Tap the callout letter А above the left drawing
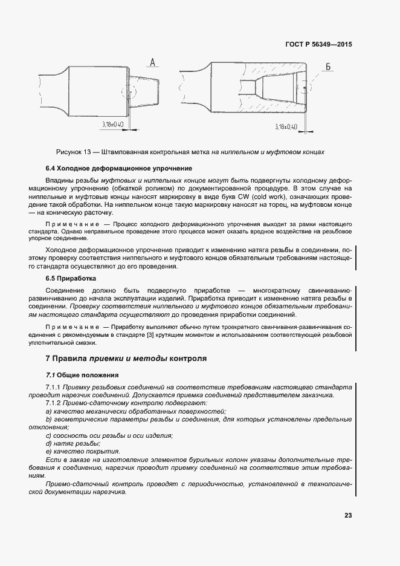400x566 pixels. (152, 62)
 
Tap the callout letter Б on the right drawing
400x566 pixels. (328, 67)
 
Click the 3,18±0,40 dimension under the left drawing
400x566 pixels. (112, 124)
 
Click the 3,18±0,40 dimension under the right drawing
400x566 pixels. (286, 127)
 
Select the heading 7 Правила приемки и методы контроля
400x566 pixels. (126, 358)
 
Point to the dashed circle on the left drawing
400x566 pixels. (128, 93)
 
